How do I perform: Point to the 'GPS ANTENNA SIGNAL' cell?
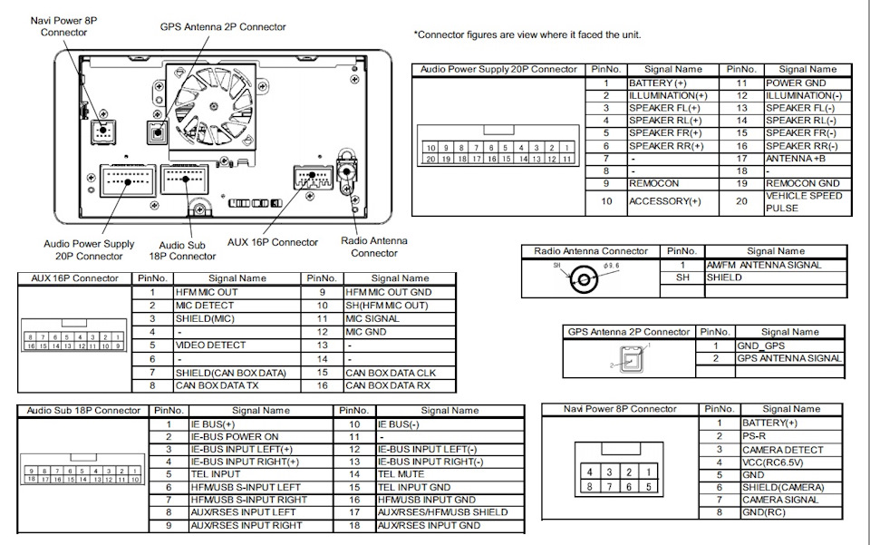click(788, 358)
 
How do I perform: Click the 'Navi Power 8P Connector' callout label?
click(64, 26)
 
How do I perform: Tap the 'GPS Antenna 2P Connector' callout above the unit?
click(224, 27)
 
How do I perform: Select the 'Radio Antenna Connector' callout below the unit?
click(373, 247)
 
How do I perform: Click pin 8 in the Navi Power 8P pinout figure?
click(590, 486)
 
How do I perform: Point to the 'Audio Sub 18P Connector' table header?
click(83, 411)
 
